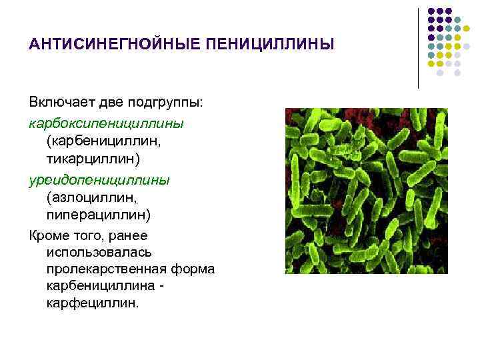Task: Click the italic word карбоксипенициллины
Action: pyautogui.click(x=107, y=123)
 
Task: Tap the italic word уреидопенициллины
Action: pyautogui.click(x=99, y=179)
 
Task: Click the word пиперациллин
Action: pyautogui.click(x=99, y=215)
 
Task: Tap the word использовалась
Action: pyautogui.click(x=99, y=252)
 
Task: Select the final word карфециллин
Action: pyautogui.click(x=93, y=303)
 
